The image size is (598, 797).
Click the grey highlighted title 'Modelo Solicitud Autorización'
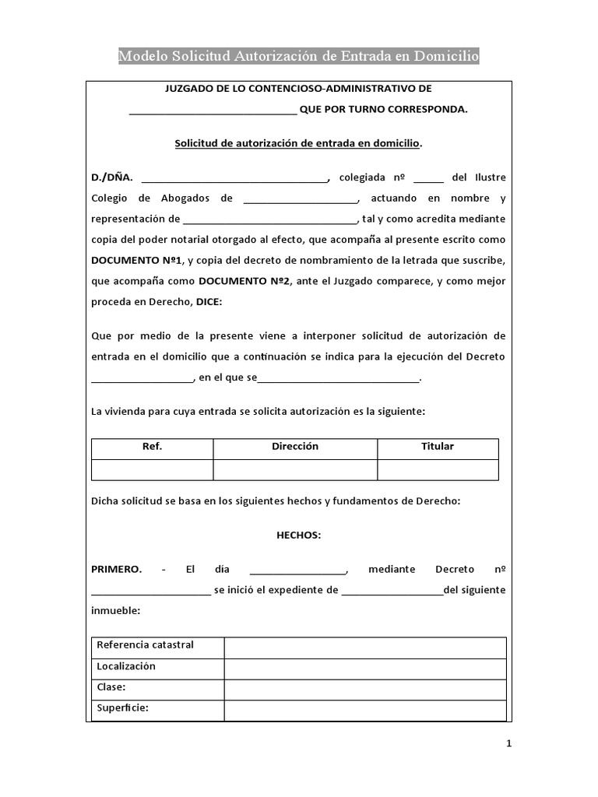point(298,56)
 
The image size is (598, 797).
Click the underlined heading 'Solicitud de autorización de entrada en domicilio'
point(298,144)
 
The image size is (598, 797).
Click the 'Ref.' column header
point(152,447)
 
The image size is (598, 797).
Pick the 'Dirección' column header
point(295,447)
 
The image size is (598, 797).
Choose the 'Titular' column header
point(438,447)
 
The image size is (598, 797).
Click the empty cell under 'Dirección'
point(295,469)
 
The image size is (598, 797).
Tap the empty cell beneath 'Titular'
point(438,469)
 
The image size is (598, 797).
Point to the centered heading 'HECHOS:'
point(298,535)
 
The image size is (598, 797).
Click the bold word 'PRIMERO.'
point(117,569)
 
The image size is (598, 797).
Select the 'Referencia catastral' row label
point(145,645)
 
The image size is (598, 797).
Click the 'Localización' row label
point(126,666)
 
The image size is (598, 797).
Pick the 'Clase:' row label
point(111,687)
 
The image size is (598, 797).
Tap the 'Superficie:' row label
point(122,708)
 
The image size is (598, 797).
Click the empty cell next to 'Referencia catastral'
point(365,646)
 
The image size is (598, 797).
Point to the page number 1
point(509,744)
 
